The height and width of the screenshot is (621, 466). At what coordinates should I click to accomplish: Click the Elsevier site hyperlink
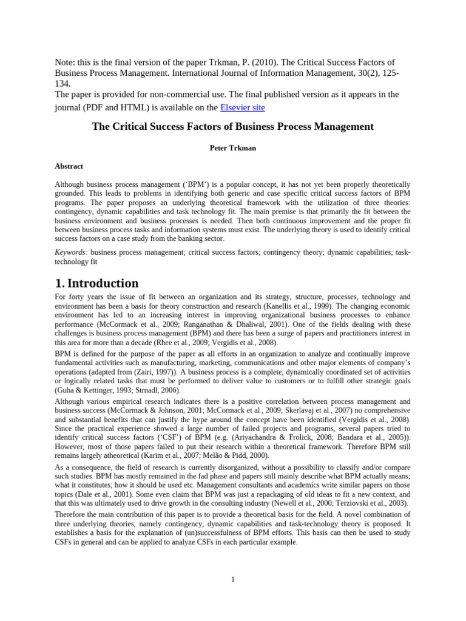click(242, 108)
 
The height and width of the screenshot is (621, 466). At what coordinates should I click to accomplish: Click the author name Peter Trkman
click(232, 148)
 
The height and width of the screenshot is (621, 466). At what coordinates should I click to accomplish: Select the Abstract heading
click(69, 166)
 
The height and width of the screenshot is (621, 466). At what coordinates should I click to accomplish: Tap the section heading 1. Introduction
click(96, 283)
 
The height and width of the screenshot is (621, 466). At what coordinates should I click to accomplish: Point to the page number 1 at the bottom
click(233, 580)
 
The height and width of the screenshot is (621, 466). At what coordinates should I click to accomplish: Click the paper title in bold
click(232, 127)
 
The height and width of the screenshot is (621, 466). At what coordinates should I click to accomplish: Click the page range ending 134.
click(63, 84)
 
